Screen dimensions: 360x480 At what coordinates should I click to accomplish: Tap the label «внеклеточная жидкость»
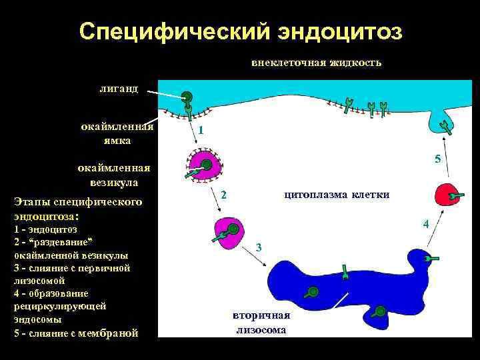[316, 63]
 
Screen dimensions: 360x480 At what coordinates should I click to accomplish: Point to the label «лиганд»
[119, 88]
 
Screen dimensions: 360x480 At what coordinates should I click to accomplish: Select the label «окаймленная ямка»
[117, 133]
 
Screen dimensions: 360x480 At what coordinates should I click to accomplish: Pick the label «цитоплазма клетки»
[337, 194]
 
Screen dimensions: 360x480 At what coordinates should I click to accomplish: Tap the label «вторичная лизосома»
[261, 323]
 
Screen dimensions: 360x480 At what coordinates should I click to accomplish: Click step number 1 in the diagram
[200, 131]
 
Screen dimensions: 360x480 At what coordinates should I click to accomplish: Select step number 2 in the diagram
[224, 195]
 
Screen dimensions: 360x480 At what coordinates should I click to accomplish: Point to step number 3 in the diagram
[259, 247]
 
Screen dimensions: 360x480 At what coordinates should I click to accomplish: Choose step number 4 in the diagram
[425, 223]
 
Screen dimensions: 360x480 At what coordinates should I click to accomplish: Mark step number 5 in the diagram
[437, 159]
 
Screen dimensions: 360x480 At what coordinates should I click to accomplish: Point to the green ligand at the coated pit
[188, 98]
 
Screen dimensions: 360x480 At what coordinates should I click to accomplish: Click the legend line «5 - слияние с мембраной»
[76, 333]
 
